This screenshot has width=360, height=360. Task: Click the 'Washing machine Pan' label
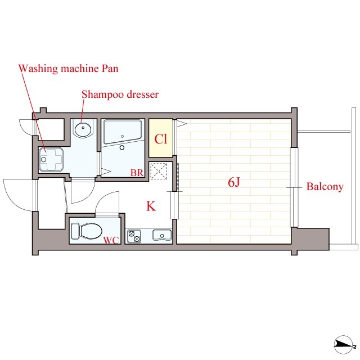(69, 69)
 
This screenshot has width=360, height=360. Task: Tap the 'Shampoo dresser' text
(120, 94)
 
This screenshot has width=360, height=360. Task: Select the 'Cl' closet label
(161, 139)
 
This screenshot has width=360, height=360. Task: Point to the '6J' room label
(234, 182)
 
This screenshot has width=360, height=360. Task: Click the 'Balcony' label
(325, 186)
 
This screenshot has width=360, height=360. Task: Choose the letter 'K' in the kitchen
(151, 206)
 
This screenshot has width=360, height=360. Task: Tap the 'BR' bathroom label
(137, 173)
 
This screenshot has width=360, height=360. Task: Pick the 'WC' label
(111, 240)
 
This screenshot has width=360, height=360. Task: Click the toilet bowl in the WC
(91, 231)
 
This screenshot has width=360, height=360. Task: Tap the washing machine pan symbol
(51, 160)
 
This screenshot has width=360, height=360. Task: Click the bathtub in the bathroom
(123, 132)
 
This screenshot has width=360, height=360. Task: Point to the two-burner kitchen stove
(134, 236)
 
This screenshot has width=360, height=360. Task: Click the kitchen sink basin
(162, 235)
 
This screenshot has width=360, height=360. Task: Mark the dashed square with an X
(159, 171)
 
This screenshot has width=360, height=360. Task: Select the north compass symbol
(344, 344)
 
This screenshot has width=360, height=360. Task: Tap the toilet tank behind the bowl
(75, 231)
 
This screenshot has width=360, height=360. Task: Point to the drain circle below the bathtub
(122, 147)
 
